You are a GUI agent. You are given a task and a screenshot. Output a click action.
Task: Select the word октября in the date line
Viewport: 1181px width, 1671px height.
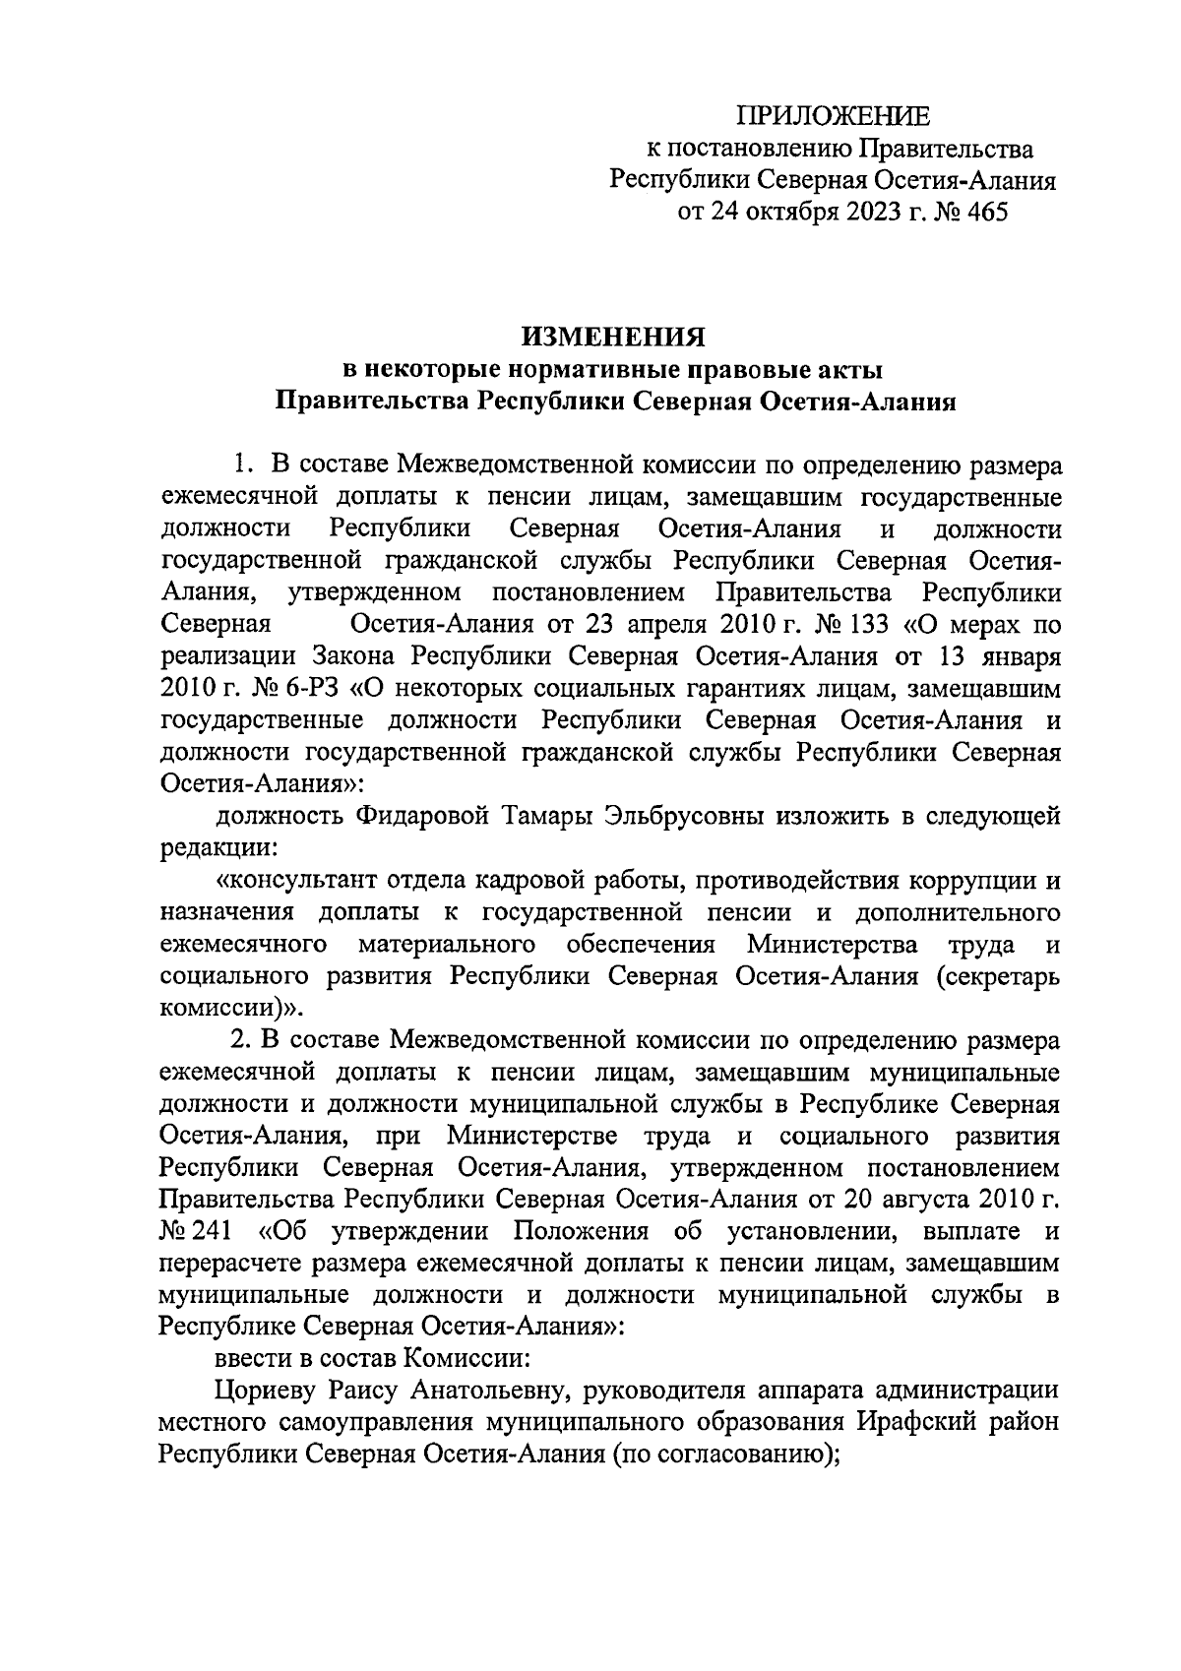click(788, 213)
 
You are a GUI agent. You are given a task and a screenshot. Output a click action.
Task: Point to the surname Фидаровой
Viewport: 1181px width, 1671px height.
click(412, 816)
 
